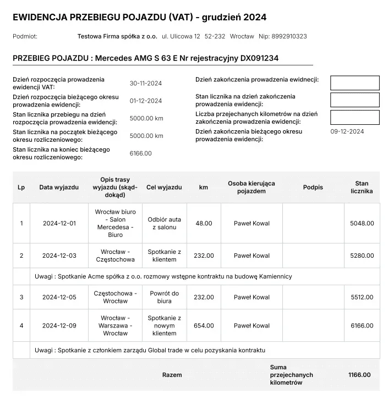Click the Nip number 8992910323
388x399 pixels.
[289, 36]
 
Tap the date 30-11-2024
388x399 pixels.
[145, 84]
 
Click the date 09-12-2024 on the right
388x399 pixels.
[347, 131]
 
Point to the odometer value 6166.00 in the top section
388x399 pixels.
[140, 153]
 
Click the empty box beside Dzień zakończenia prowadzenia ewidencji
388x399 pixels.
[354, 83]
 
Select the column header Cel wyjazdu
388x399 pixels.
[164, 187]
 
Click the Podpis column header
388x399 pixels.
[313, 187]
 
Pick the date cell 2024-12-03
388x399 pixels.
[59, 256]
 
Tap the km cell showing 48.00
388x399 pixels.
[204, 223]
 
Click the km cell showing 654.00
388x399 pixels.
[204, 326]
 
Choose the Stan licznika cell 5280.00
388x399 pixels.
[362, 256]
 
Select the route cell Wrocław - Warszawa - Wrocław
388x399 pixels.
[116, 326]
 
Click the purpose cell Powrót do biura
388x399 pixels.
[164, 297]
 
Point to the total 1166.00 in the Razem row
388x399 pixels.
[359, 375]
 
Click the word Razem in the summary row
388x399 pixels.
[172, 375]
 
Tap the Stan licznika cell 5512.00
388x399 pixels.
[362, 297]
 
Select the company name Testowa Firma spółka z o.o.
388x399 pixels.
[117, 36]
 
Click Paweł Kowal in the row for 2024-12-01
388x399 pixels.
[252, 223]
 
